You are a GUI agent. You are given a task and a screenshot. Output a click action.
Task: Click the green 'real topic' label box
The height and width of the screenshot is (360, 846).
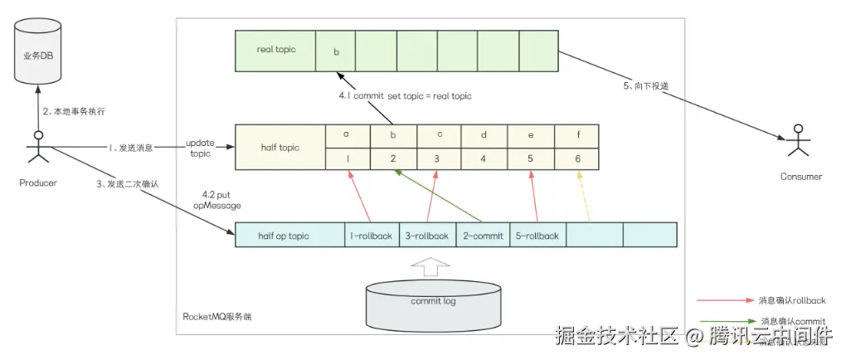(x=276, y=50)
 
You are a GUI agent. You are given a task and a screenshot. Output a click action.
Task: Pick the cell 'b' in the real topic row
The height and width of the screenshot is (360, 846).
(x=335, y=51)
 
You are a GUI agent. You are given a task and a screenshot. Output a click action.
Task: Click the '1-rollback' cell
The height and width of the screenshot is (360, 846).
(x=372, y=236)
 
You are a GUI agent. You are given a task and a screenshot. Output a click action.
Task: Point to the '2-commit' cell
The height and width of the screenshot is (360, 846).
(x=483, y=236)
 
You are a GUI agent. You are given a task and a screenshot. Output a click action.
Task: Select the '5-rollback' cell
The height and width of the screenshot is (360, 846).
(x=537, y=236)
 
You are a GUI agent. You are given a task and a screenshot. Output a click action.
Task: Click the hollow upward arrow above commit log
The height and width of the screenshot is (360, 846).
(x=431, y=265)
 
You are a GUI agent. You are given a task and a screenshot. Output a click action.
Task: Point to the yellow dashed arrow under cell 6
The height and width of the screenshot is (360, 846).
(x=584, y=197)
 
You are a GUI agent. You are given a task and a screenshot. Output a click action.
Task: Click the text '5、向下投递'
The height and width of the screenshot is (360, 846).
(x=648, y=86)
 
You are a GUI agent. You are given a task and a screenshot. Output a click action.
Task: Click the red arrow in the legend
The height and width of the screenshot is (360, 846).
(x=722, y=299)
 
